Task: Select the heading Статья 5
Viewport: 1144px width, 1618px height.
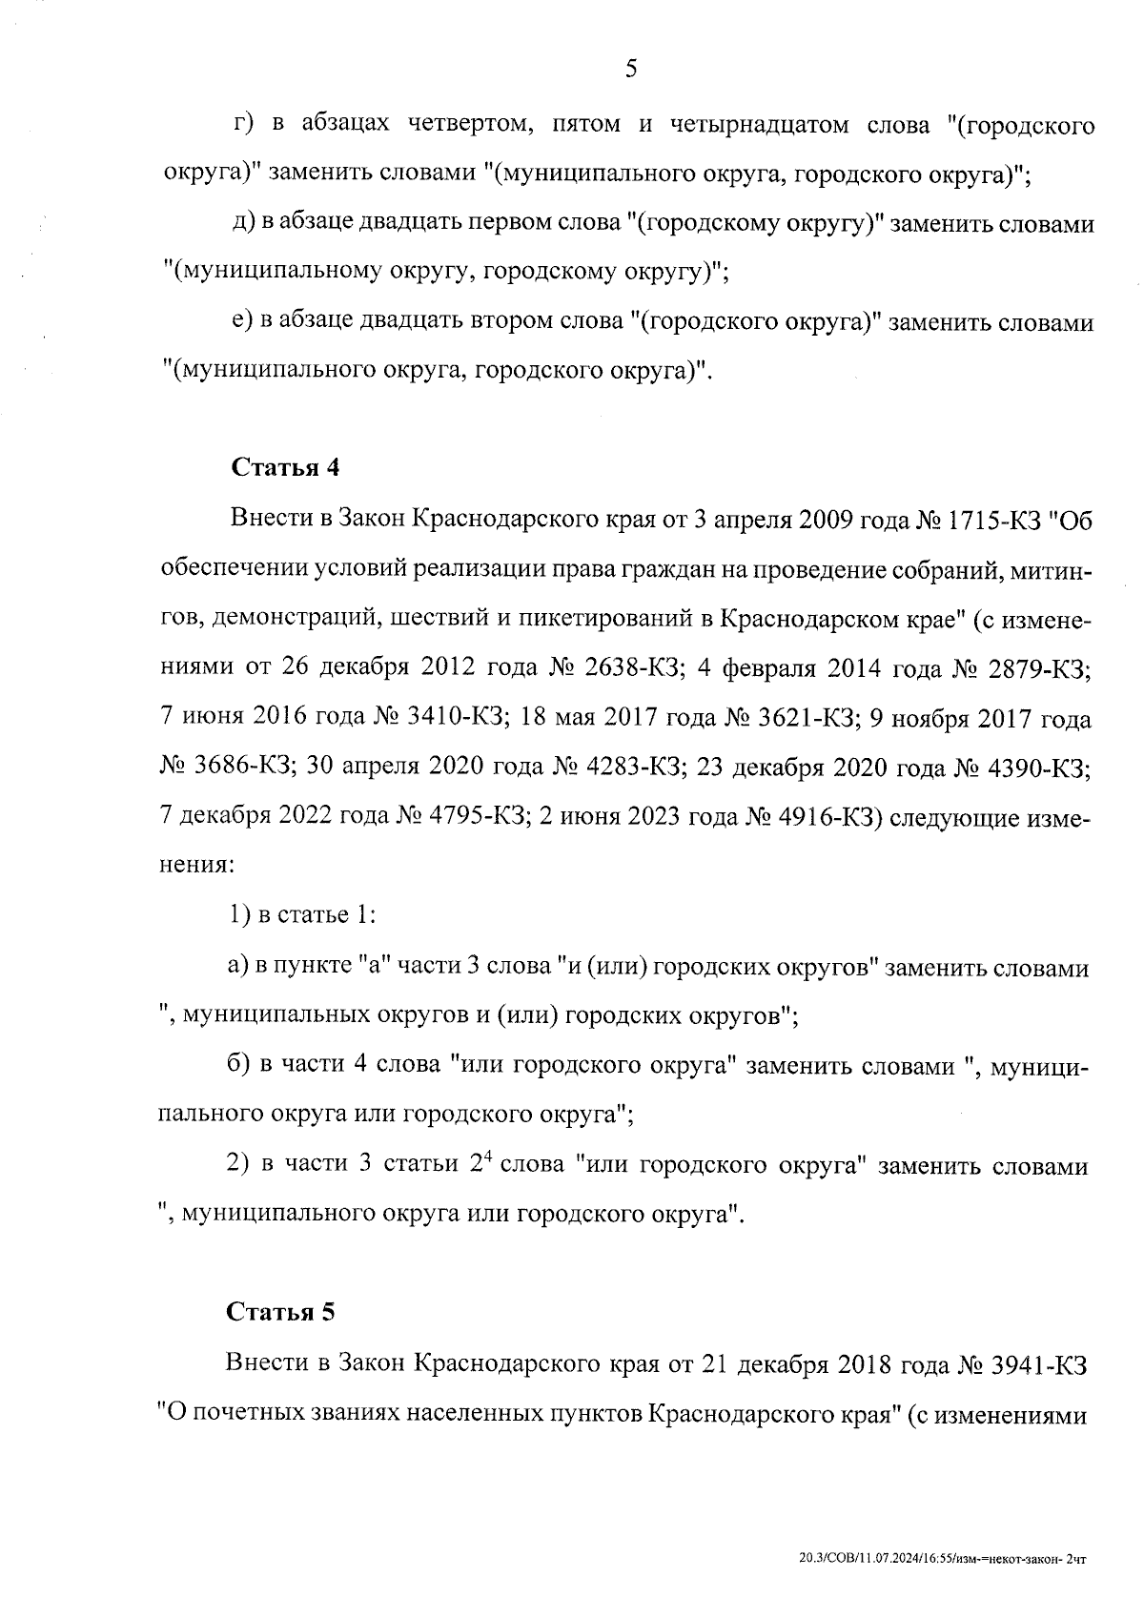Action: coord(281,1312)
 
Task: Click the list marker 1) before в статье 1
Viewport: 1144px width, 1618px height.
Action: coord(238,916)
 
